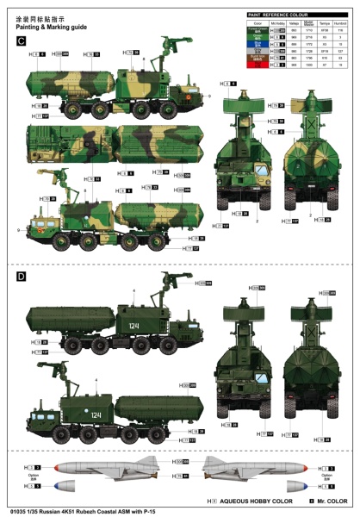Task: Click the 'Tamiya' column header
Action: [325, 23]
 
